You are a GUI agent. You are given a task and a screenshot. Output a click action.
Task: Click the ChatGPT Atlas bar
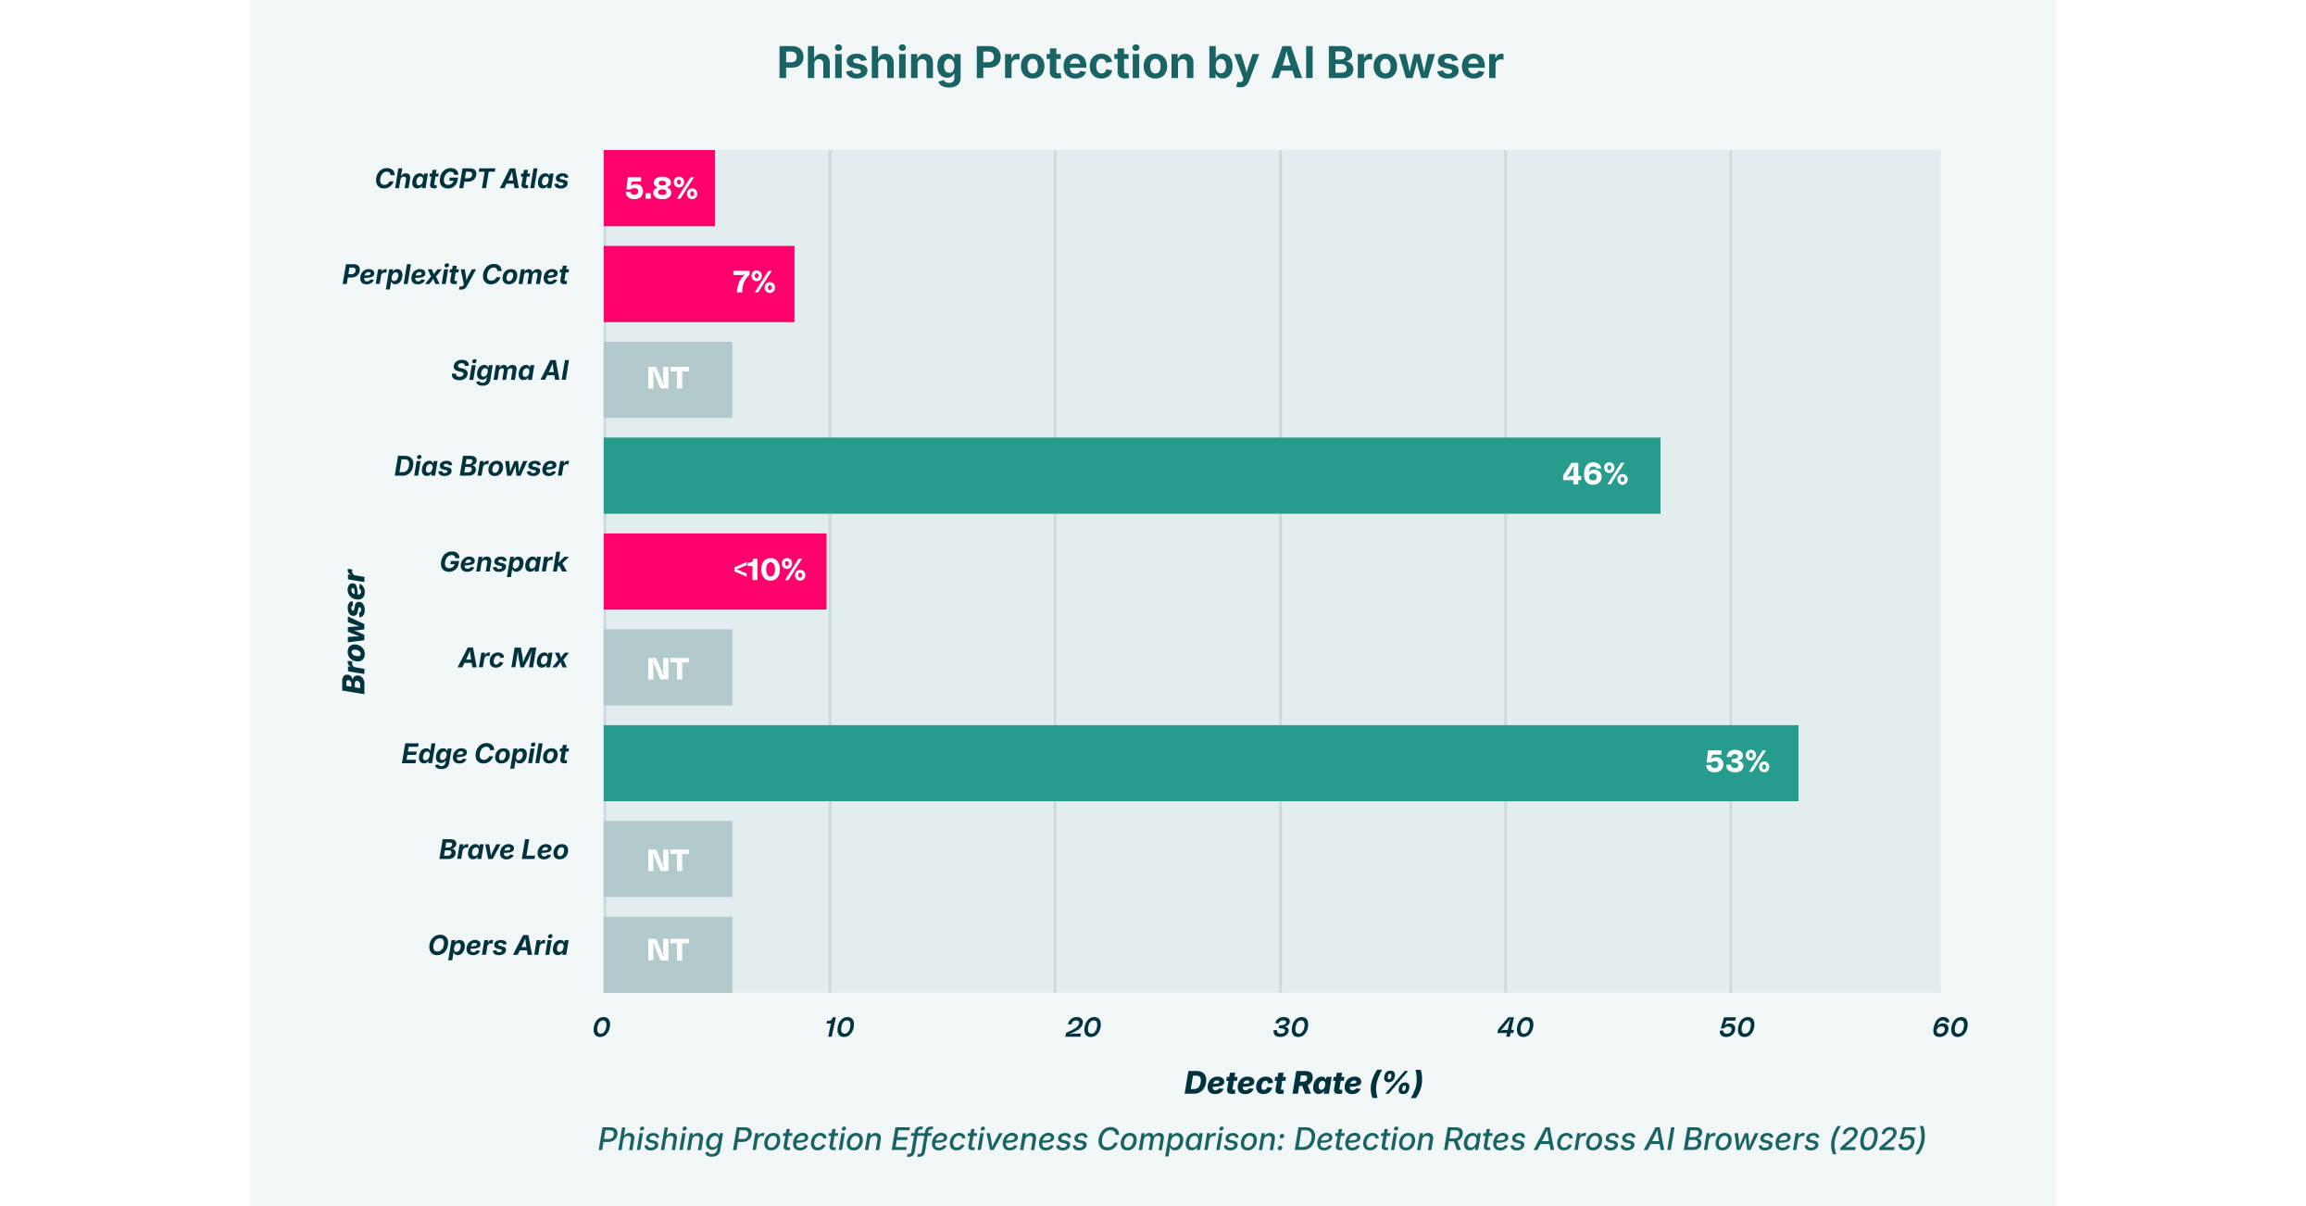[x=658, y=188]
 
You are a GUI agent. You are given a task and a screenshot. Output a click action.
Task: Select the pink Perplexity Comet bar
[x=698, y=283]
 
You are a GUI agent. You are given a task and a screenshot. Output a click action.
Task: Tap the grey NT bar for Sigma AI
[x=668, y=380]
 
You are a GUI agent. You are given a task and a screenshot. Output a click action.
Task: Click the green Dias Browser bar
[x=1131, y=475]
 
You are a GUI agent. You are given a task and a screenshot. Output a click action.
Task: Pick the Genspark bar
[x=714, y=571]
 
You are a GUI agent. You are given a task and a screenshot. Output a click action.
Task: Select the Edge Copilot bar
[x=1200, y=762]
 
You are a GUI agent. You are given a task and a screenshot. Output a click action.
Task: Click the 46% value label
[x=1594, y=474]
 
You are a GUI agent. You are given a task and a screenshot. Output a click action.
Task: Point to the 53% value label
[x=1736, y=761]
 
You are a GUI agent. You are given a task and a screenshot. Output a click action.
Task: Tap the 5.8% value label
[x=660, y=189]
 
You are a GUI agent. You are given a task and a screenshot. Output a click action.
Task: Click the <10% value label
[x=769, y=570]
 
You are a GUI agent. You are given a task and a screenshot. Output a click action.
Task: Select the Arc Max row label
[x=513, y=659]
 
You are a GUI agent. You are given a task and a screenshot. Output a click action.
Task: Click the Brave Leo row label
[x=503, y=850]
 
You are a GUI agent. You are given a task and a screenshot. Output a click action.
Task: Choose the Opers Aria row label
[x=497, y=946]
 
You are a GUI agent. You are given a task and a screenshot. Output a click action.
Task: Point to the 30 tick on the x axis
[x=1290, y=1027]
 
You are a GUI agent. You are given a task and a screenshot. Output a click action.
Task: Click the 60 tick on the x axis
[x=1949, y=1027]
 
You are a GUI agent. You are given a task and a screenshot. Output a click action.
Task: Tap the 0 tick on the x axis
[x=602, y=1027]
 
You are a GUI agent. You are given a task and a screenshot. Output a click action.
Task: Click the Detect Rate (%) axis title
[x=1303, y=1083]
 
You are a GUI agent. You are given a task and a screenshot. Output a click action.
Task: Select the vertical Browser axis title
[x=355, y=632]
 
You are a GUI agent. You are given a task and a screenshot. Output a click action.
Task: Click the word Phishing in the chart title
[x=869, y=64]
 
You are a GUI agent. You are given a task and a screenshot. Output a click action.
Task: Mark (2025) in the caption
[x=1877, y=1139]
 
